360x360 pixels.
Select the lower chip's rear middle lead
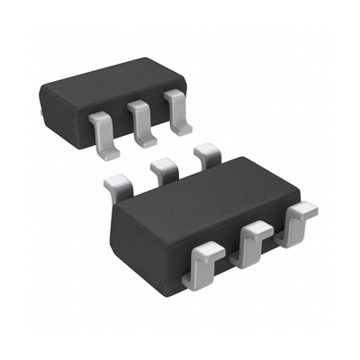tap(163, 168)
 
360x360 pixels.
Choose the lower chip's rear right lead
tap(207, 154)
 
